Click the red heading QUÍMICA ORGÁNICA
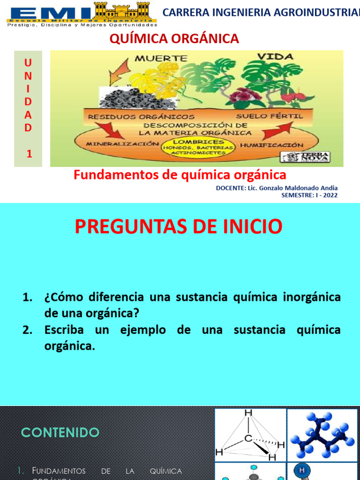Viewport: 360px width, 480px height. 174,39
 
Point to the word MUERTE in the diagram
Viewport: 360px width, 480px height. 161,59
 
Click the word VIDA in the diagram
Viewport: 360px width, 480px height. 275,57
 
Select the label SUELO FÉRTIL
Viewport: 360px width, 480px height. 270,115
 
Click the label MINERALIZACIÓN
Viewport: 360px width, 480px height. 120,144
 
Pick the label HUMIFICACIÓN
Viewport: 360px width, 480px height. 271,145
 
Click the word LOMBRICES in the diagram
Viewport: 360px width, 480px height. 198,142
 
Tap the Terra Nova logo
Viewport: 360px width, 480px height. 305,157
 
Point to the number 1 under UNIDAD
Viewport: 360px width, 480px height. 29,153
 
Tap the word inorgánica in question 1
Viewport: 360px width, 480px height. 312,297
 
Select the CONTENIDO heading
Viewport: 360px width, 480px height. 60,433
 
